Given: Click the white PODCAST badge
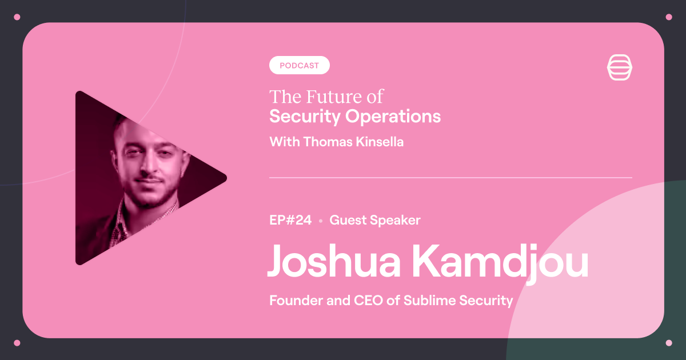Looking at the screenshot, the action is tap(299, 65).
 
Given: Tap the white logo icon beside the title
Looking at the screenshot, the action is tap(620, 67).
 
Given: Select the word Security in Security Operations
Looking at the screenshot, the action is tap(305, 117).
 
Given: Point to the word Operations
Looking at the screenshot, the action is tap(393, 117).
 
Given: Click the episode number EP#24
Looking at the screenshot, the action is tap(290, 220).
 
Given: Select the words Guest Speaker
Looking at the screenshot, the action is tap(375, 221).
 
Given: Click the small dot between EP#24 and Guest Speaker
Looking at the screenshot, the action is tap(321, 221).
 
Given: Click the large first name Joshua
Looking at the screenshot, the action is tap(334, 261).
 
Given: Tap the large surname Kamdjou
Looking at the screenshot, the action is tap(500, 263).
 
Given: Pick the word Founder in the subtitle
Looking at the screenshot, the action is tap(296, 301).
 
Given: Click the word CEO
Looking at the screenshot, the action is tap(368, 301).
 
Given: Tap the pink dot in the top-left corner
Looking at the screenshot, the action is tap(17, 17).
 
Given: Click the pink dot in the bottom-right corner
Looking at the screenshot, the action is tap(669, 343).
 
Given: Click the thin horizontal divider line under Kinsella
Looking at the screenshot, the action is tap(451, 178).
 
